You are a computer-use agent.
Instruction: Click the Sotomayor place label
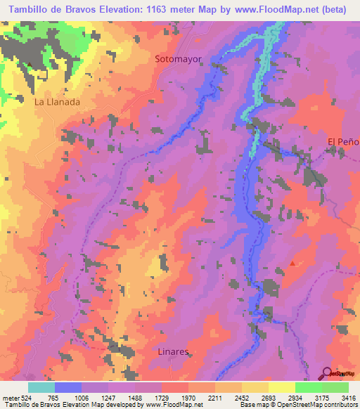click(x=178, y=60)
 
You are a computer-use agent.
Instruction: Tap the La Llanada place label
click(x=57, y=101)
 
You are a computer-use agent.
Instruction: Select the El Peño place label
click(x=343, y=142)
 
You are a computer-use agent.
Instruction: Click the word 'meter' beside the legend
click(x=11, y=398)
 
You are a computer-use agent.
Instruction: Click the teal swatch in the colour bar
click(x=41, y=387)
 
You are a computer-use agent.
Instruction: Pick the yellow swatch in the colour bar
click(x=281, y=387)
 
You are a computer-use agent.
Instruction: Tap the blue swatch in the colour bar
click(x=67, y=387)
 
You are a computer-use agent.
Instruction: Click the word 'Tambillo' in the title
click(x=28, y=9)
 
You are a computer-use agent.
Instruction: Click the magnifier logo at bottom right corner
click(x=328, y=373)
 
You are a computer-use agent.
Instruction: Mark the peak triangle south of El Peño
click(x=293, y=264)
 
